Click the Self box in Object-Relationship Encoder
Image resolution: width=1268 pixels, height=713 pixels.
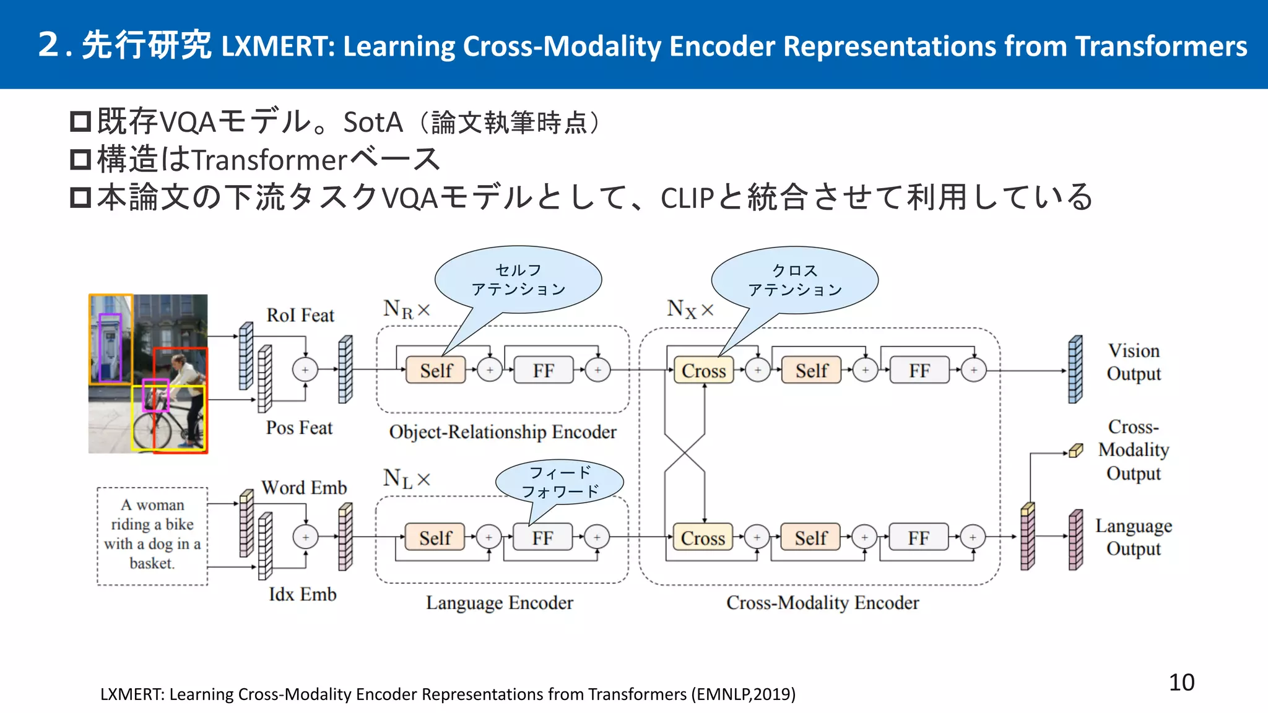[436, 370]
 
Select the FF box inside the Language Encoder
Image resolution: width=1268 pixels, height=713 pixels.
[542, 537]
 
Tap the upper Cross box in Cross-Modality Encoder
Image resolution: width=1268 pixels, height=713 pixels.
[703, 370]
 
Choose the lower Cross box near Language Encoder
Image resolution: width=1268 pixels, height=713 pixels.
[703, 537]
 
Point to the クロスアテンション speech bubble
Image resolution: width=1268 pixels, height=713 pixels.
[794, 280]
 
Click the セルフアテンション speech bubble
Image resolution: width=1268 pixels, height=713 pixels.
[518, 280]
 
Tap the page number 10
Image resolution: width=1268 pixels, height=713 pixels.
[1181, 682]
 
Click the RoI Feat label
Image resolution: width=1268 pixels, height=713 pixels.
[300, 315]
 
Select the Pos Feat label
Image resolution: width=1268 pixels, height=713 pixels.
[299, 428]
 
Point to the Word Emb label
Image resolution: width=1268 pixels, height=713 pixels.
[303, 488]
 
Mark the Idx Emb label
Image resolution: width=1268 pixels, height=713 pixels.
[302, 594]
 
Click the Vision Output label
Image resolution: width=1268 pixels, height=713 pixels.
[1134, 362]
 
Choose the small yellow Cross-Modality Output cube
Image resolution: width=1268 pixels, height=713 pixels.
[1076, 451]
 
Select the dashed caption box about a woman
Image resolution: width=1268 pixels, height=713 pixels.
[152, 535]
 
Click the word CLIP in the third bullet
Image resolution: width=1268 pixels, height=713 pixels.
[687, 199]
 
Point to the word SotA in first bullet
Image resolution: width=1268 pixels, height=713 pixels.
[373, 123]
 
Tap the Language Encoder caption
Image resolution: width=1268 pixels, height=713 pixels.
[499, 602]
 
